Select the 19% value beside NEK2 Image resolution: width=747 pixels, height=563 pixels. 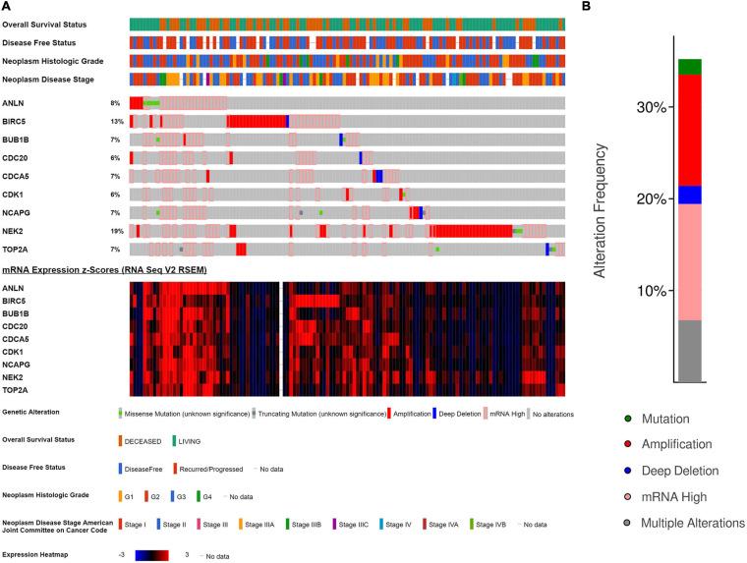click(115, 231)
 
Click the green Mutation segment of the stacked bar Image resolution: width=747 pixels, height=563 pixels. click(688, 67)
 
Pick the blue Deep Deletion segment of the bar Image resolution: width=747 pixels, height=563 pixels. click(688, 195)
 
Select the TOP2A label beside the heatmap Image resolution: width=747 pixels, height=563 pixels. click(17, 388)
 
